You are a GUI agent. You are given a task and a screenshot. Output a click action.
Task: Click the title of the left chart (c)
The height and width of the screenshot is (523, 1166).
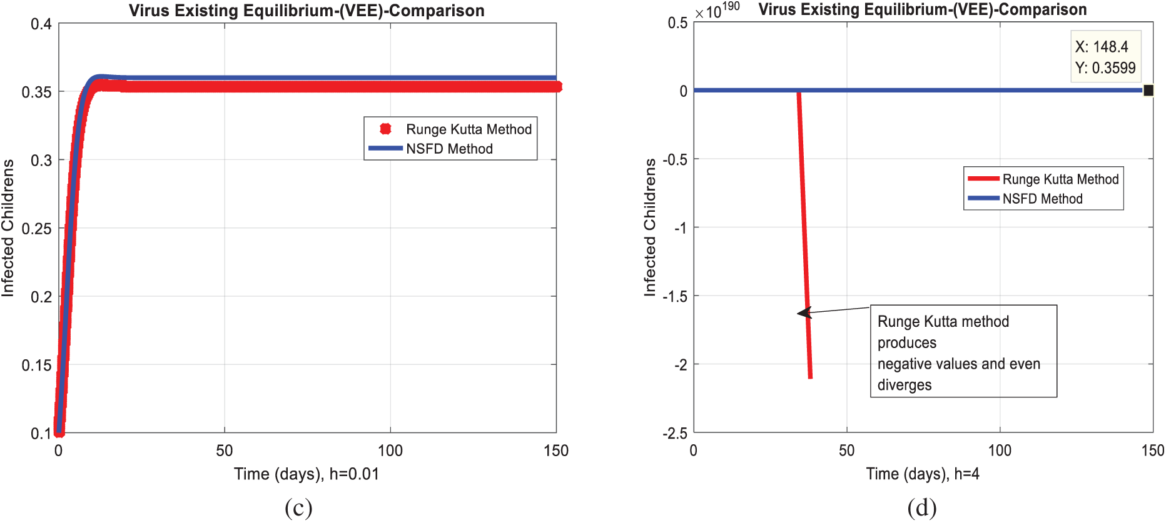pos(307,11)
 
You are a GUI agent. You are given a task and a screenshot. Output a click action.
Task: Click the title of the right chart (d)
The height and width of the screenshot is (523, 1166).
pos(923,9)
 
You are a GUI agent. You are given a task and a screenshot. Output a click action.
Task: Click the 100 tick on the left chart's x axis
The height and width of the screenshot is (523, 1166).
pos(390,451)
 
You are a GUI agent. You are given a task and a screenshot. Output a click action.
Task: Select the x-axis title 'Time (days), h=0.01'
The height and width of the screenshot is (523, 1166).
pos(307,474)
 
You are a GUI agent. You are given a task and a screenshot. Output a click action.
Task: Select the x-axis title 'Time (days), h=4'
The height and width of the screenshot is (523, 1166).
pos(923,474)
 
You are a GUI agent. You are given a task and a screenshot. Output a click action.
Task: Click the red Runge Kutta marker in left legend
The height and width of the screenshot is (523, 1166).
pos(385,129)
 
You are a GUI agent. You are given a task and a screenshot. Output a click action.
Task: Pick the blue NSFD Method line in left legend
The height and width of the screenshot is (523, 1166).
pos(385,148)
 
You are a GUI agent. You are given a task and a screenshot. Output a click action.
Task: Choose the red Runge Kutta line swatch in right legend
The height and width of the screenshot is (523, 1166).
pos(983,179)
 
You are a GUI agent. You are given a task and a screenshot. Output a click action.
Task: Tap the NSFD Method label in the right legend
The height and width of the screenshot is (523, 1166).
pos(1042,199)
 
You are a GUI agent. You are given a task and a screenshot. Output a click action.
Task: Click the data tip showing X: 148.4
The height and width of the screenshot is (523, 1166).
pos(1105,57)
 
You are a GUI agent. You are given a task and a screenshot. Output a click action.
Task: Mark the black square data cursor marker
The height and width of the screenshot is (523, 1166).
pos(1148,91)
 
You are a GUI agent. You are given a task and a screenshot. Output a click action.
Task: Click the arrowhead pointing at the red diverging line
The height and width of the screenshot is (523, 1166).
pos(803,312)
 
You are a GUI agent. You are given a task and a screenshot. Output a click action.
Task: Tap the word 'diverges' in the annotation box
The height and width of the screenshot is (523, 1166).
pos(905,385)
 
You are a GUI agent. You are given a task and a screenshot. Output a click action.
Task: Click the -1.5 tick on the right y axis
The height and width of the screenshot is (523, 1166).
pos(675,296)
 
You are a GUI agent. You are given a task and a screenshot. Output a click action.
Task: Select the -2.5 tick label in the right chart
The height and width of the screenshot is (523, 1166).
pos(675,433)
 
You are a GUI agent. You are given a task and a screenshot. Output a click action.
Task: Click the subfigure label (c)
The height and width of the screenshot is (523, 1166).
pos(298,508)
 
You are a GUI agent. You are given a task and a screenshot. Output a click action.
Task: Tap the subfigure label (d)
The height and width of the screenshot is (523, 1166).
pos(922,508)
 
